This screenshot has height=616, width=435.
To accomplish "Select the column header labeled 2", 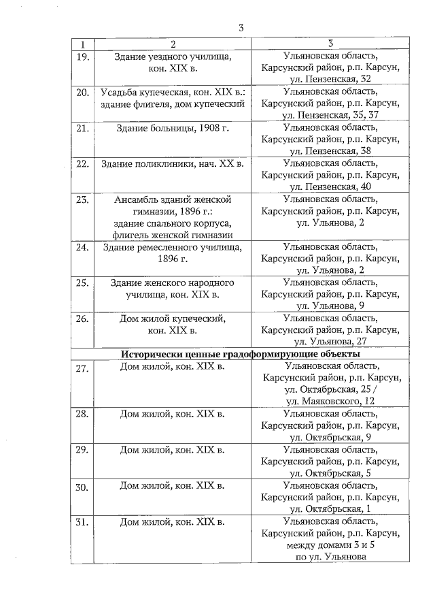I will click(171, 44).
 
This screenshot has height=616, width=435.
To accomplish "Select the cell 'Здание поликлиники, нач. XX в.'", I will click(171, 163).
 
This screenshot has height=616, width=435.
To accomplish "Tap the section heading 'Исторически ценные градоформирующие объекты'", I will click(241, 354).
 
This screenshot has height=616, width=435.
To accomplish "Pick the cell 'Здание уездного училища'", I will click(171, 56).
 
